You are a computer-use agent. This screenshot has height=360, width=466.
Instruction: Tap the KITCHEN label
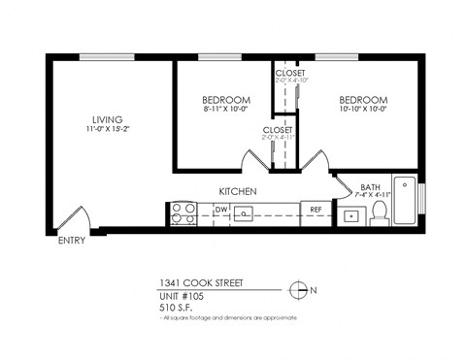237,192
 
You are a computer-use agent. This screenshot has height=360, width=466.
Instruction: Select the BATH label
370,187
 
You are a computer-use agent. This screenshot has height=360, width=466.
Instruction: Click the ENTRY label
71,241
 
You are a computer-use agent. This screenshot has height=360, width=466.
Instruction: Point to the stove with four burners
182,213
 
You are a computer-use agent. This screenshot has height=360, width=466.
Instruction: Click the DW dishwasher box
220,209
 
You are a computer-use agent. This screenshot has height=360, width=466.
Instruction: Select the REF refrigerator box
316,209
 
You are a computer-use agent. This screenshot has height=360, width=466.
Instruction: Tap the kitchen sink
245,213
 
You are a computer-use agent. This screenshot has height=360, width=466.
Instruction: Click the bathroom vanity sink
349,215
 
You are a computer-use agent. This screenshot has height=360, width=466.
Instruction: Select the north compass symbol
301,288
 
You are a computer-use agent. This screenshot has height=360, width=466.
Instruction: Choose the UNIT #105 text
184,294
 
